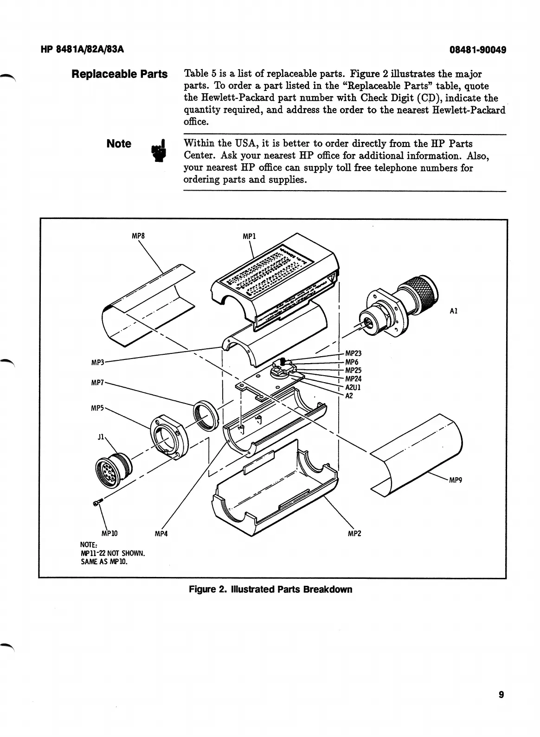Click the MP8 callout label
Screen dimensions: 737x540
coord(138,236)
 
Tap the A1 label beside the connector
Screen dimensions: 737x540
coord(454,311)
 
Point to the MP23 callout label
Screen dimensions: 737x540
coord(353,353)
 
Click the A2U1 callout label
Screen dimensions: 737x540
coord(353,387)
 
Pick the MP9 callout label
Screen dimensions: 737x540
coord(455,480)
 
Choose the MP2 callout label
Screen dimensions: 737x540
coord(354,534)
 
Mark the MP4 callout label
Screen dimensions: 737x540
coord(161,534)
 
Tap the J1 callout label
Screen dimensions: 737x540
coord(102,437)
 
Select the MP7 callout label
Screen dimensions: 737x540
coord(98,383)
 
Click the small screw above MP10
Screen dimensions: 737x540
coord(97,503)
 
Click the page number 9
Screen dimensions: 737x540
coord(501,695)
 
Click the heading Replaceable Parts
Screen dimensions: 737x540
coord(119,74)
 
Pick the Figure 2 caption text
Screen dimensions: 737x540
coord(270,590)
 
